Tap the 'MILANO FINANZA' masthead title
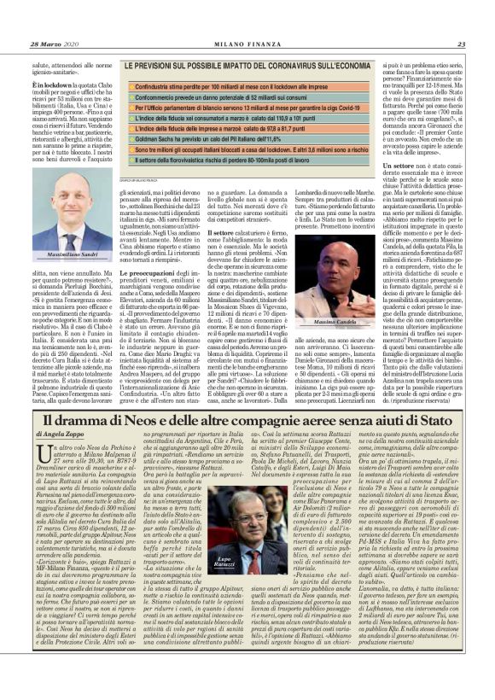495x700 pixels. (247, 21)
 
